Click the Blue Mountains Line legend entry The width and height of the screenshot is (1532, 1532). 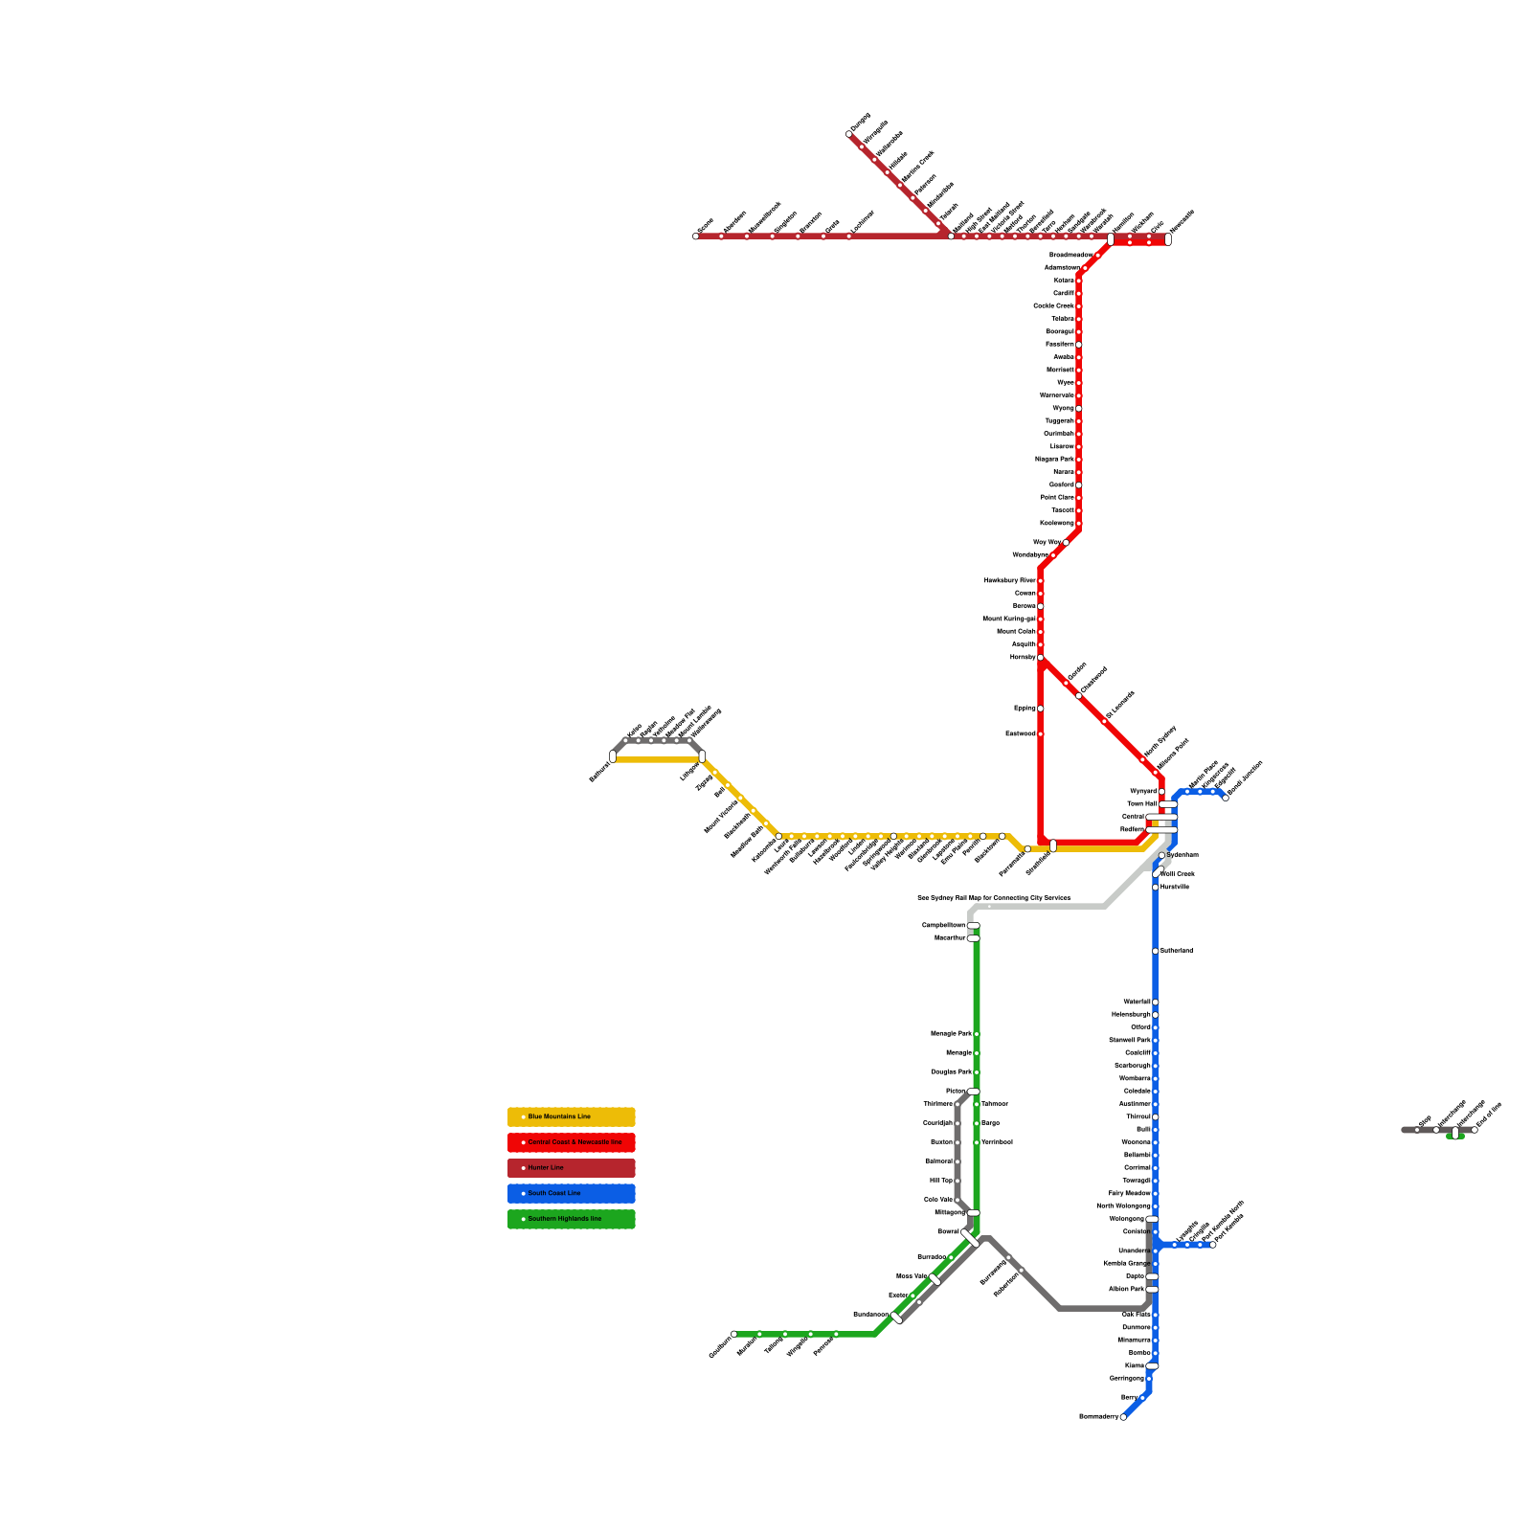(571, 1116)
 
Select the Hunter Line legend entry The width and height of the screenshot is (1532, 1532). (571, 1168)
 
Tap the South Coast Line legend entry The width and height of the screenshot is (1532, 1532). (571, 1193)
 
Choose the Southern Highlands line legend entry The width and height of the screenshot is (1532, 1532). (571, 1219)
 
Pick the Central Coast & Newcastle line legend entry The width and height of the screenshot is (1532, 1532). (571, 1142)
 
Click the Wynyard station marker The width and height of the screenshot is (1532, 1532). (1161, 792)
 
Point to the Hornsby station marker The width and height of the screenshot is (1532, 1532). (1041, 658)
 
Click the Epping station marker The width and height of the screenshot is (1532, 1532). (1041, 709)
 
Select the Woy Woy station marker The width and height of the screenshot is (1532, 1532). (1066, 543)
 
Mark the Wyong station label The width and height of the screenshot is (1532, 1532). (1063, 409)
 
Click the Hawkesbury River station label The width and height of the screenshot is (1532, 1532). (1009, 581)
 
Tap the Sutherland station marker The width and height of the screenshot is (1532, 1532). (1156, 951)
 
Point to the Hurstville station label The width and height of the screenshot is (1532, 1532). (1175, 888)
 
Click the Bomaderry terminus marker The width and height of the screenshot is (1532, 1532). (1123, 1417)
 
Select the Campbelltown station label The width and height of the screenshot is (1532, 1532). (943, 926)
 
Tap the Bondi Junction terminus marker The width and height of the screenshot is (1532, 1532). (1226, 798)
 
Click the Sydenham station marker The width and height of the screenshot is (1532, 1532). (1161, 855)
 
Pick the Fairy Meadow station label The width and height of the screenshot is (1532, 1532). (1129, 1194)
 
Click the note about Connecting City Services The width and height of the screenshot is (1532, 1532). (993, 898)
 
